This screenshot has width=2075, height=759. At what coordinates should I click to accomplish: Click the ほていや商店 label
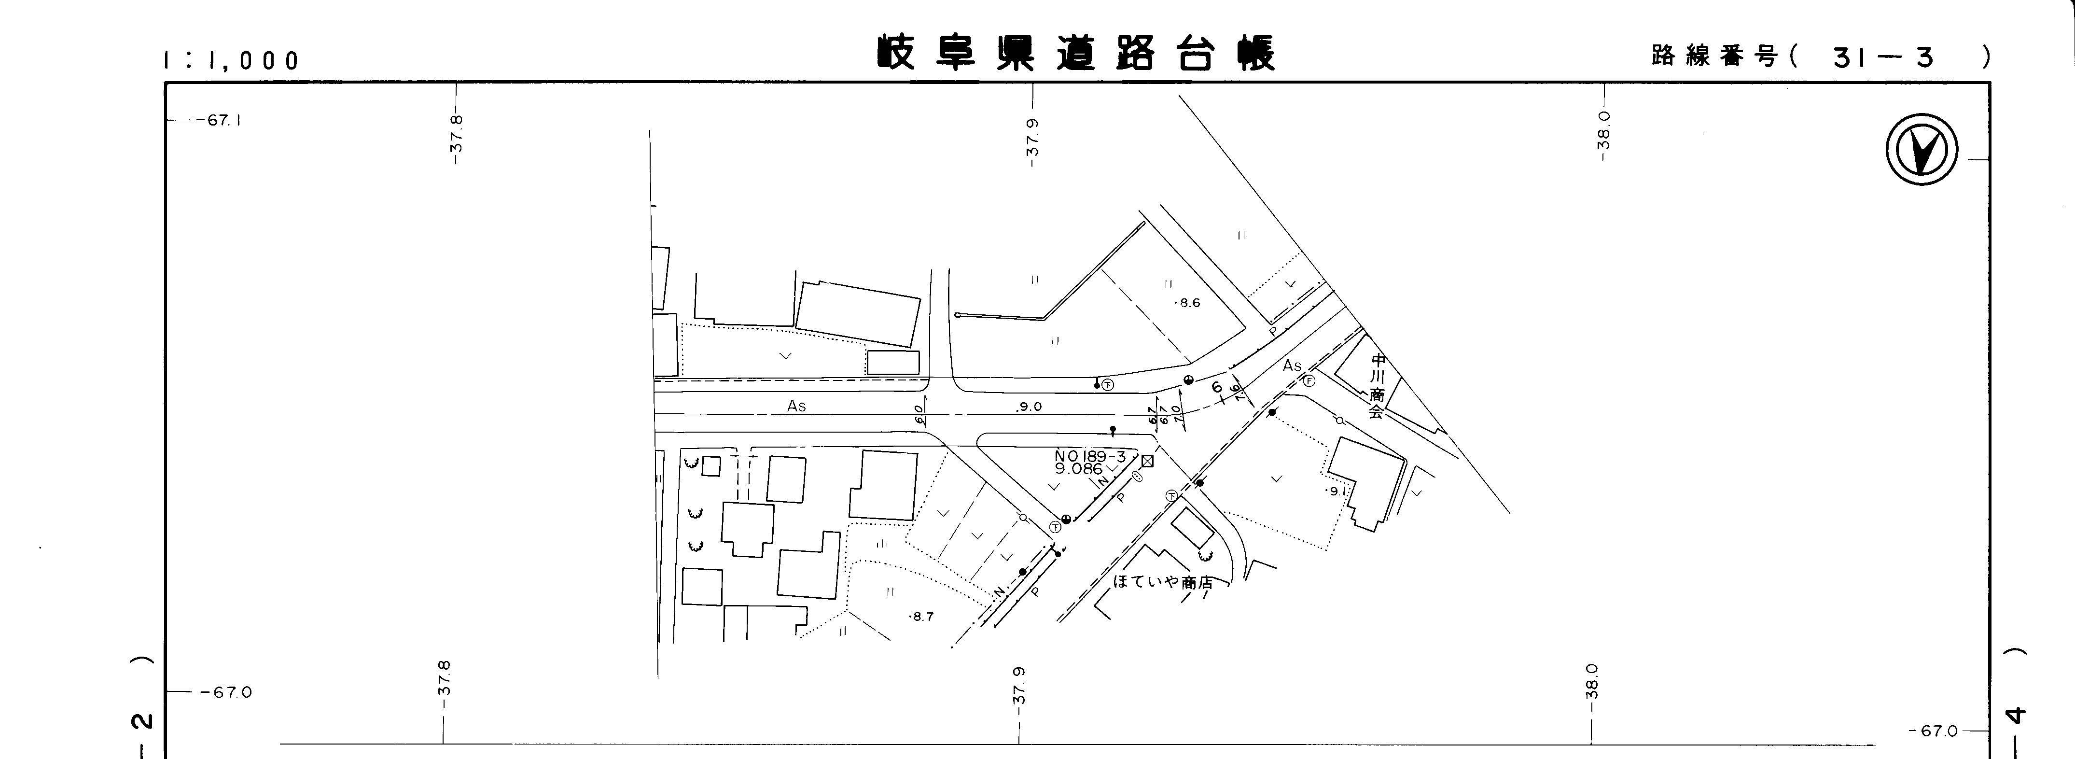coord(1162,582)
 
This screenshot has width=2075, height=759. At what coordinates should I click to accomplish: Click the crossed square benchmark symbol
coord(1148,461)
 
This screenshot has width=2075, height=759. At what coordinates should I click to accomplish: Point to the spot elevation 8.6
coord(1189,303)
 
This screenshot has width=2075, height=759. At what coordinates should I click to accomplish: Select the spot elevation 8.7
coord(921,617)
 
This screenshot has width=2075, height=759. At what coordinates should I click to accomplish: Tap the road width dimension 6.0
coord(919,414)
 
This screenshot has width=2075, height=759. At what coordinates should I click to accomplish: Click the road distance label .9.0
coord(1029,407)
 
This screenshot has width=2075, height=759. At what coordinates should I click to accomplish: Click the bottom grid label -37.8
coord(444,677)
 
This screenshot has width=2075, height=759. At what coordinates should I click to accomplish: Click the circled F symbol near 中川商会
coord(1309,381)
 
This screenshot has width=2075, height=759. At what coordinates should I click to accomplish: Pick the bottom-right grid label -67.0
coord(1933,731)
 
